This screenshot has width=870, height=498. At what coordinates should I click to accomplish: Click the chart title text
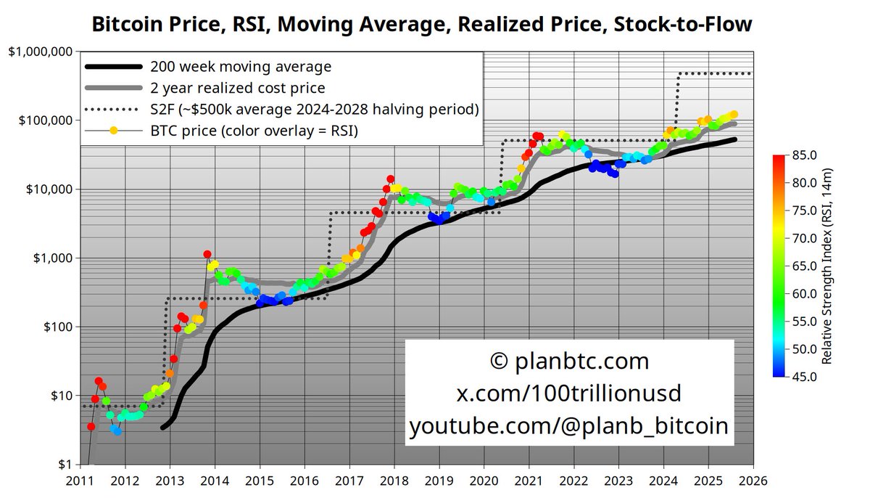click(x=421, y=24)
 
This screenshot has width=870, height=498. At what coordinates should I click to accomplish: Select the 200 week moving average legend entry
click(x=241, y=67)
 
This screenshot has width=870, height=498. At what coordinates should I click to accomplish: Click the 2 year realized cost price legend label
click(x=238, y=88)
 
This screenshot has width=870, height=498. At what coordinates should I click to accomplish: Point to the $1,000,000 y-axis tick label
click(x=40, y=52)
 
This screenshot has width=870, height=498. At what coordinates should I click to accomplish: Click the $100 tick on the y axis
click(x=57, y=327)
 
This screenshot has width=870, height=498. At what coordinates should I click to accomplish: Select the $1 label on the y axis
click(x=65, y=465)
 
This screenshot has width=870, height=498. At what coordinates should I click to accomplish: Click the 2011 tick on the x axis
click(x=80, y=480)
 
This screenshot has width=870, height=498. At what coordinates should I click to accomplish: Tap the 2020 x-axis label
click(x=484, y=480)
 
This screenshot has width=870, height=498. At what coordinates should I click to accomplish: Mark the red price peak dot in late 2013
click(x=207, y=255)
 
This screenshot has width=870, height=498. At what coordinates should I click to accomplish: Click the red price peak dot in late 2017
click(x=390, y=179)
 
